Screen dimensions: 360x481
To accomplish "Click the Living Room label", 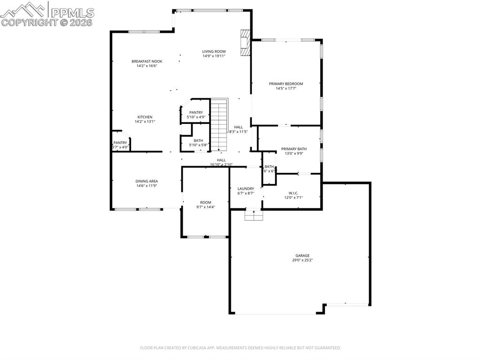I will (214, 52).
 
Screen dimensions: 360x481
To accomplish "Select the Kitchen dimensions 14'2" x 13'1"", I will (145, 122).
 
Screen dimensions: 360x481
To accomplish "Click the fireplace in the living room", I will (245, 43).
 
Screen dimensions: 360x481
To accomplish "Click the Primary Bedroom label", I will (286, 84).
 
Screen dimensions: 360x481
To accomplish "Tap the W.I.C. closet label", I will (293, 193).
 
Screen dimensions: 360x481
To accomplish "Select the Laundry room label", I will (246, 189).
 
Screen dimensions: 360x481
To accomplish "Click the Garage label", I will (302, 256).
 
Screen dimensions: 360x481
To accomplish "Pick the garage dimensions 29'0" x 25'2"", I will (302, 260).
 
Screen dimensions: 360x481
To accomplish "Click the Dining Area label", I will (147, 181).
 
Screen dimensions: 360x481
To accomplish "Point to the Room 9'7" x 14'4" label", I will (205, 203).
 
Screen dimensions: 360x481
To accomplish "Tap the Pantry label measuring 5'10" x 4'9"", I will (196, 113).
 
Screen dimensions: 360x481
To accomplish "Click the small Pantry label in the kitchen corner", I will (120, 143).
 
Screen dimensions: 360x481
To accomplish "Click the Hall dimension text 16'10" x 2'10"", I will (221, 165).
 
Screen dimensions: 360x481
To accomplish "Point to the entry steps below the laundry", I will (254, 215).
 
